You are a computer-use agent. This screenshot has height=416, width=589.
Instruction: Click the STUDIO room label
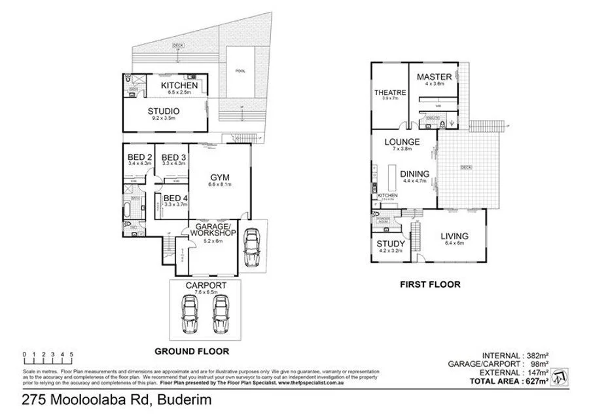pyautogui.click(x=163, y=111)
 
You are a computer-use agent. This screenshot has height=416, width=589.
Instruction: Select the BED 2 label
pyautogui.click(x=139, y=157)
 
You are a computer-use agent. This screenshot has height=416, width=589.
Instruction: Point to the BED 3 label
pyautogui.click(x=173, y=157)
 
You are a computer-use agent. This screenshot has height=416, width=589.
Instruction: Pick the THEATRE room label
pyautogui.click(x=391, y=92)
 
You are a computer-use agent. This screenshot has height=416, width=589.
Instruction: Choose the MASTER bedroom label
pyautogui.click(x=435, y=77)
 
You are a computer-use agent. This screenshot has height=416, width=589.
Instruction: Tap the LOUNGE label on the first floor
pyautogui.click(x=402, y=141)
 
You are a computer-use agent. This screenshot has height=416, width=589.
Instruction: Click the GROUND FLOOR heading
pyautogui.click(x=185, y=350)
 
